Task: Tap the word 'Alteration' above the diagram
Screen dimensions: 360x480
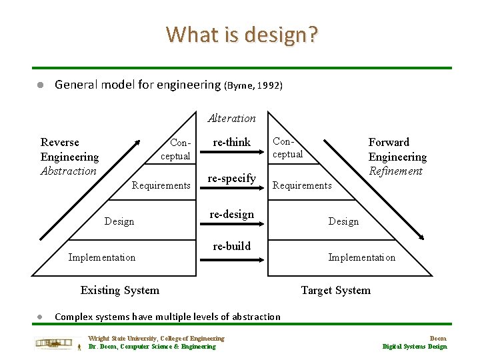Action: coord(231,118)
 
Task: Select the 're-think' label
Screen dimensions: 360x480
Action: coord(231,142)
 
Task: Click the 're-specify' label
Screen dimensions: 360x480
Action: coord(231,178)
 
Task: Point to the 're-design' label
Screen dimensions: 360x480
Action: coord(231,214)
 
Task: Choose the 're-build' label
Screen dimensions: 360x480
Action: coord(231,246)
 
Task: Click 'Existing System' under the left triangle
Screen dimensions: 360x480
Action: coord(120,289)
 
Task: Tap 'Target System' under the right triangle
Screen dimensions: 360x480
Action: coord(335,289)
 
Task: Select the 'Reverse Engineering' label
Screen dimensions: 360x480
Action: coord(69,149)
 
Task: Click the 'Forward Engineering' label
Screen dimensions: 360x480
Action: coord(397,149)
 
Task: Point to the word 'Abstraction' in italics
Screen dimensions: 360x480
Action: coord(69,171)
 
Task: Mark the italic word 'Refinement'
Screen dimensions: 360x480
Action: coord(395,171)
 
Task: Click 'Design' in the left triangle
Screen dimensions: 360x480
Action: coord(119,221)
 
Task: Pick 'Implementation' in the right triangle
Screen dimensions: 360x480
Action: coord(361,257)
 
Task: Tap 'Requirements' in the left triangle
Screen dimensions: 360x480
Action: coord(161,185)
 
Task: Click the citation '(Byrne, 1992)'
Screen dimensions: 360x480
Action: coord(253,85)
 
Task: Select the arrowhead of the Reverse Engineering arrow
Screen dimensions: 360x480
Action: coord(137,142)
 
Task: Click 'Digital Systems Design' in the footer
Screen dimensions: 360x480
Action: coord(414,346)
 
